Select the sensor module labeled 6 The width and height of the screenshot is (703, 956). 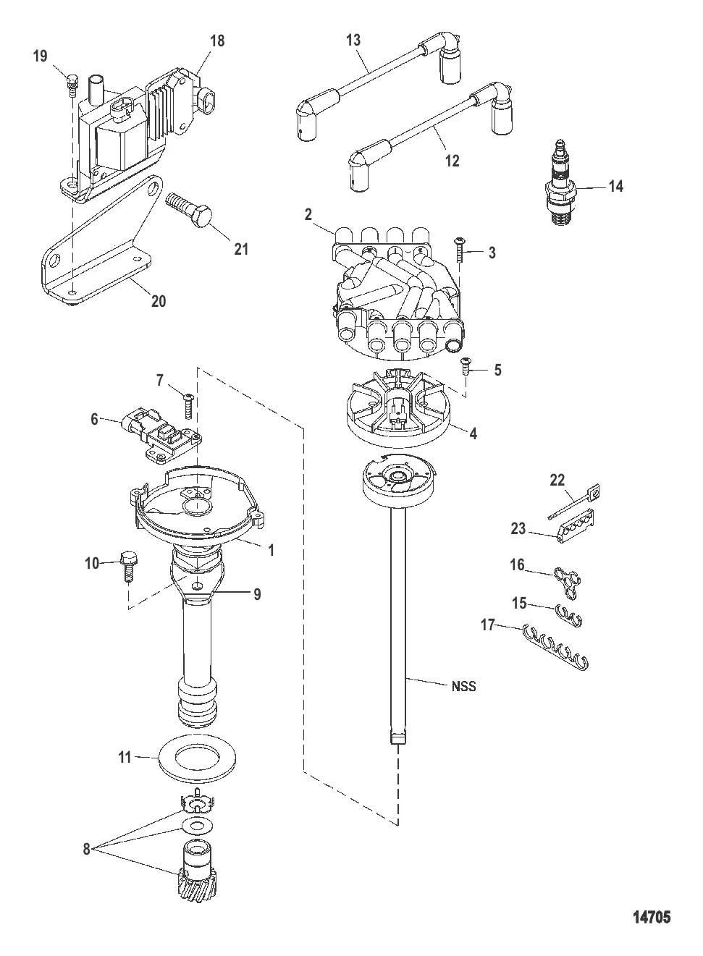point(161,434)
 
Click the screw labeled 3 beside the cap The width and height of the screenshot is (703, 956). point(459,250)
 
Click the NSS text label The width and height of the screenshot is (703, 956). point(463,687)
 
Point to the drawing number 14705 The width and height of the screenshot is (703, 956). point(652,917)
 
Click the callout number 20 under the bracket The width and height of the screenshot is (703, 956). point(159,301)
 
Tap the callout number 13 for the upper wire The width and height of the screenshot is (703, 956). point(353,40)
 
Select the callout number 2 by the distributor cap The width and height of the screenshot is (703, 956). point(308,215)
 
